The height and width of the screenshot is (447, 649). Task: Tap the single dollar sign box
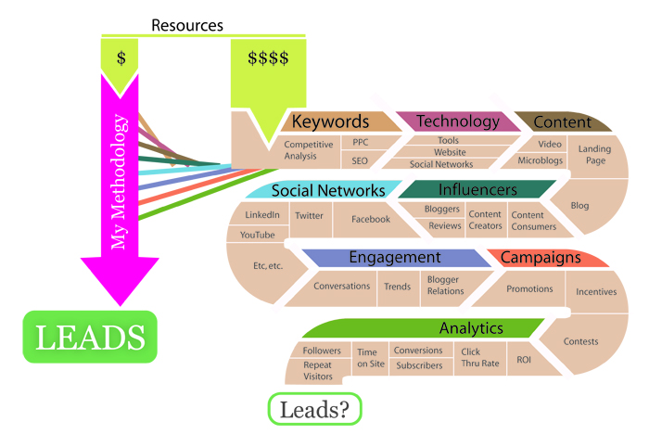[x=121, y=57]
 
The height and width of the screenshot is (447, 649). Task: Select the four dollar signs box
[x=268, y=58]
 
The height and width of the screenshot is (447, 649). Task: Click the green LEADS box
[x=90, y=338]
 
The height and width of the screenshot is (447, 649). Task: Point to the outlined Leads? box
[x=314, y=409]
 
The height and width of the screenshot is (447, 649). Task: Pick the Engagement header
[x=394, y=258]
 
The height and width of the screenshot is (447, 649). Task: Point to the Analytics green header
[x=470, y=328]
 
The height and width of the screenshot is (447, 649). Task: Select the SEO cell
[x=360, y=160]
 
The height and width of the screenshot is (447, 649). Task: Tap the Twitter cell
[x=308, y=215]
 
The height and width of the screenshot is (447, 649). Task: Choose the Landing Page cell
[x=595, y=154]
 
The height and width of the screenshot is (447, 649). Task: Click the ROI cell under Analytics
[x=524, y=359]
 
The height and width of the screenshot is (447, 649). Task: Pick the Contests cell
[x=581, y=341]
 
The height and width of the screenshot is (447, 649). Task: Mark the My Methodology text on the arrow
[x=118, y=184]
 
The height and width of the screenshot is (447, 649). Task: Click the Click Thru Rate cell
[x=480, y=358]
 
